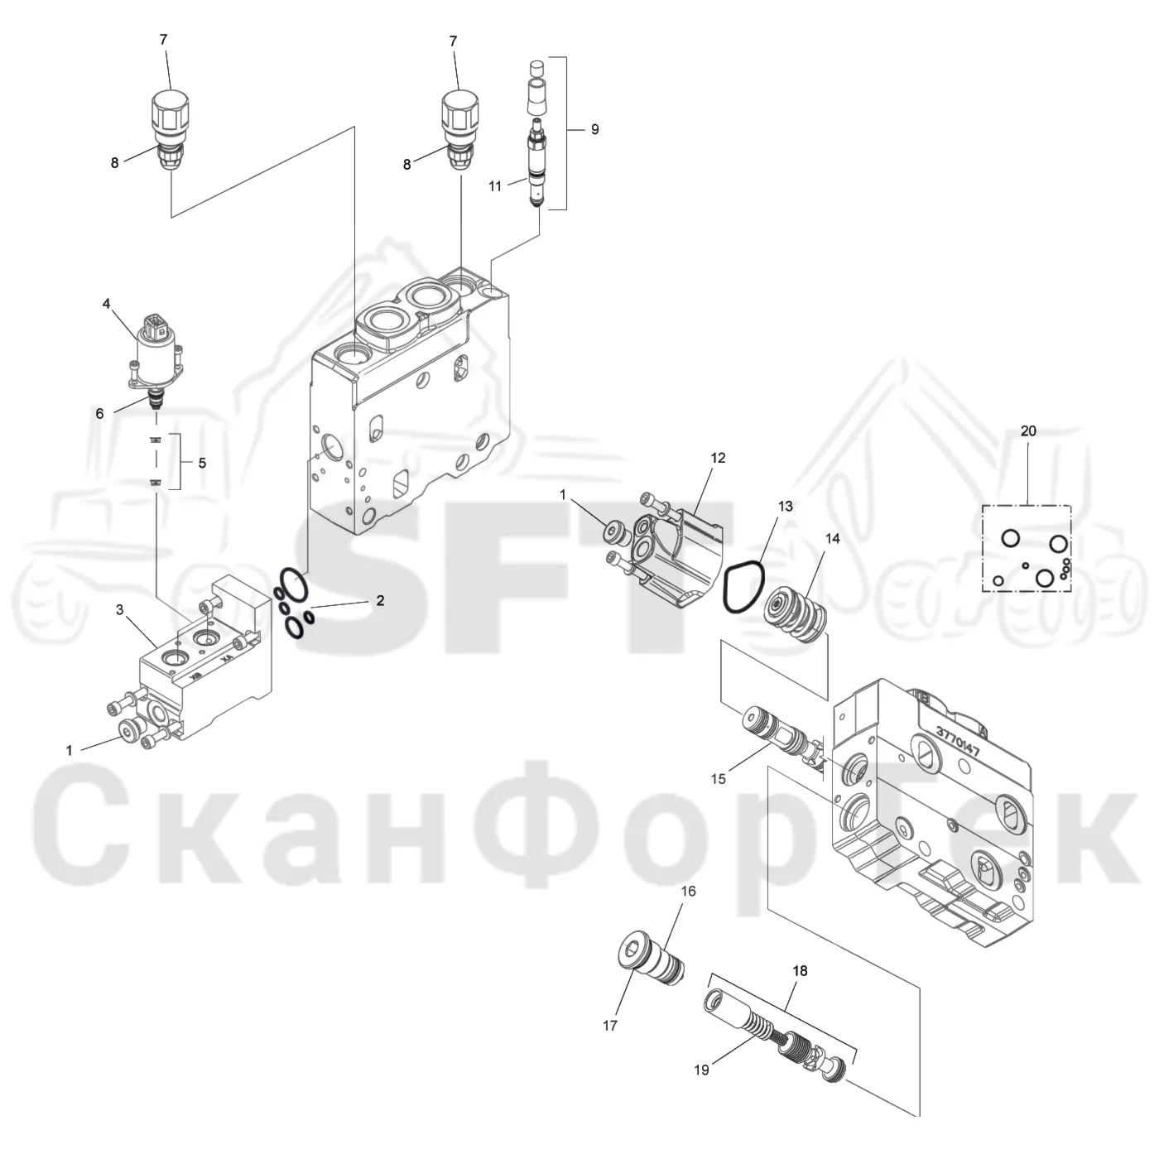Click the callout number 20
pos(1028,430)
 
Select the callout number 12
pos(718,458)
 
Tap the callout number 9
pos(595,129)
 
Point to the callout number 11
pos(495,186)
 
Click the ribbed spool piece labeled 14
pos(794,615)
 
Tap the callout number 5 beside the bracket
pos(202,463)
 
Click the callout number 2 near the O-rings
pos(380,600)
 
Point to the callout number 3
pos(120,610)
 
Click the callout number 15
pos(718,779)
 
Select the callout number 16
pos(688,891)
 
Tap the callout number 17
pos(610,1026)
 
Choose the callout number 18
pos(800,970)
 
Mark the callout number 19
pos(701,1070)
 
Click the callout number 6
pos(100,413)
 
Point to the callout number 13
pos(786,507)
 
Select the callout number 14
pos(833,539)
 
